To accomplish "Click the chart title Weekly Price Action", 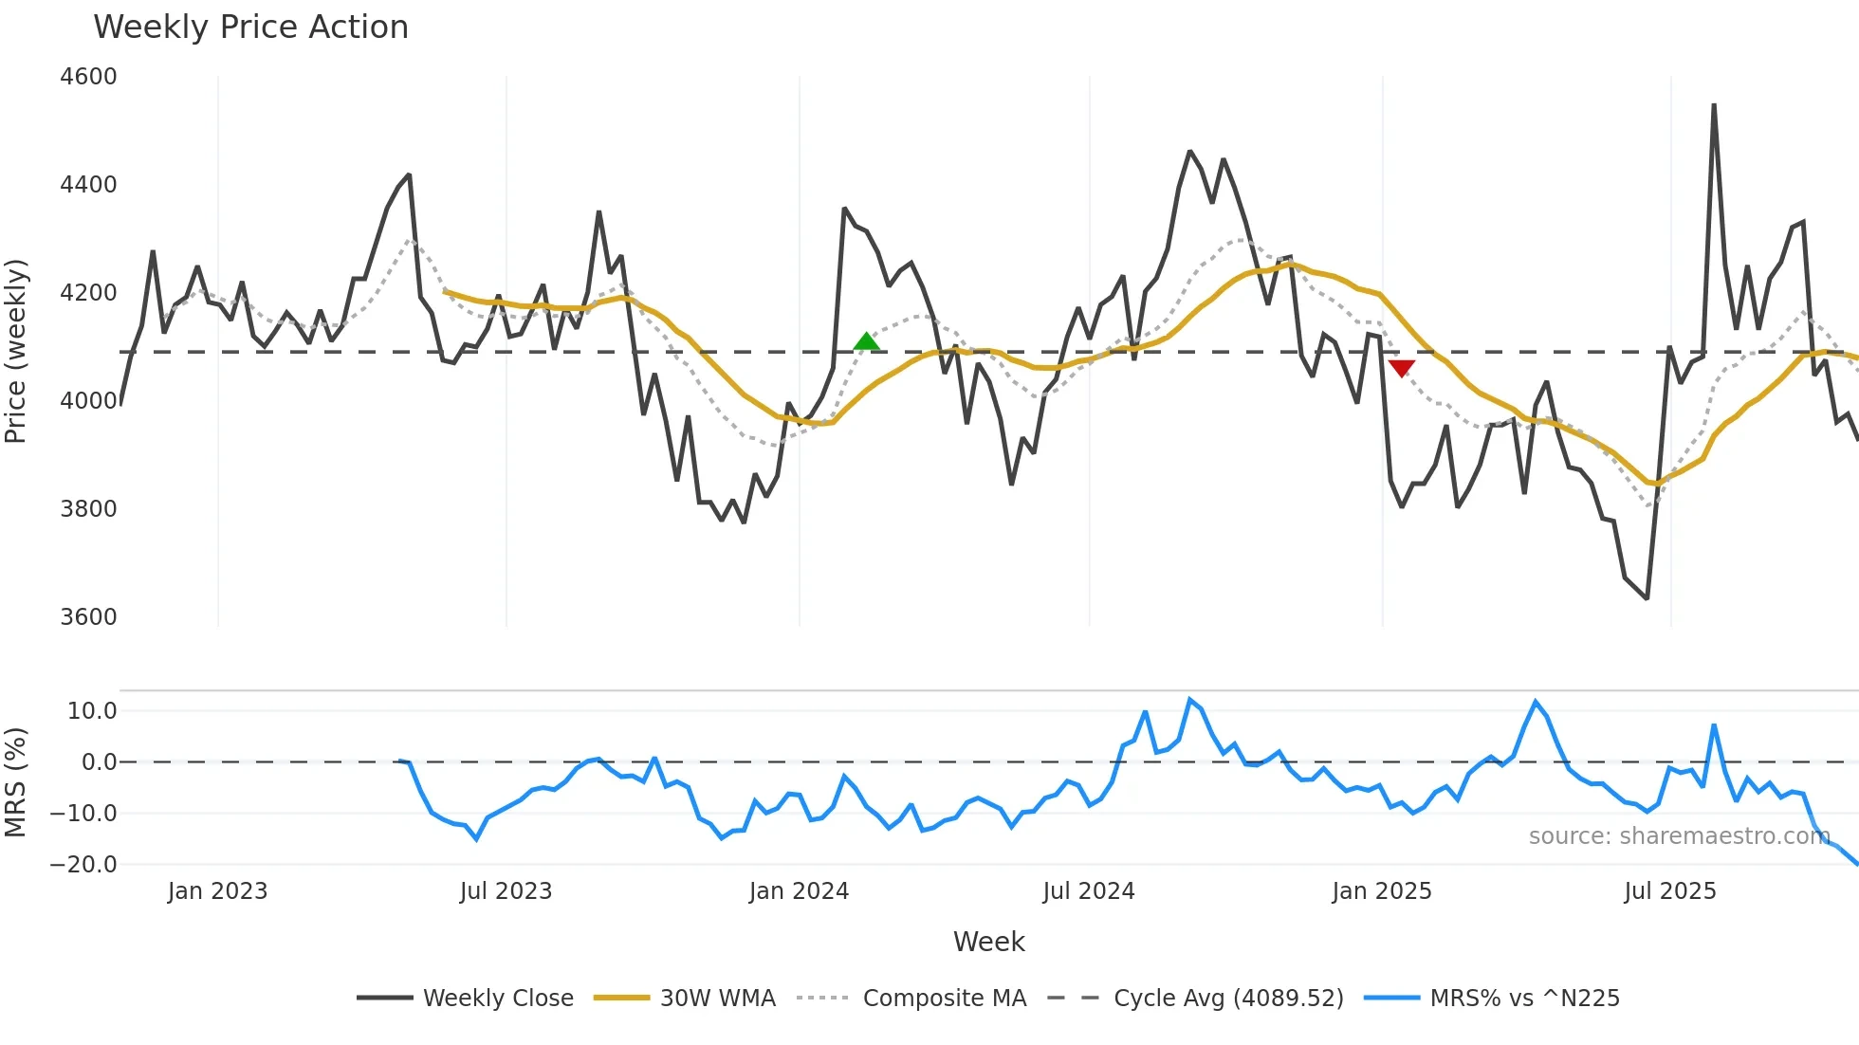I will (x=250, y=27).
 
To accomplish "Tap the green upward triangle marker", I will (x=866, y=342).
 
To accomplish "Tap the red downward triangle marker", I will (x=1401, y=368).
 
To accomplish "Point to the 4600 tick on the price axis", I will (x=88, y=77).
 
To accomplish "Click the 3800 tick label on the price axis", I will (x=88, y=509).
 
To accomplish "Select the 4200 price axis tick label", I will (x=88, y=293).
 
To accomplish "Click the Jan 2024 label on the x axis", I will (x=799, y=891).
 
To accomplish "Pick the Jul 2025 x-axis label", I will (x=1669, y=891).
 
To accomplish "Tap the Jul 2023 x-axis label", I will (x=506, y=891).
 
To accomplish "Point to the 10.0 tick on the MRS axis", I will (x=92, y=711).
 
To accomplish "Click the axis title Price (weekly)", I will (x=16, y=351).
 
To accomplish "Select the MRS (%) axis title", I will (x=16, y=782).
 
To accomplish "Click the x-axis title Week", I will (x=988, y=942).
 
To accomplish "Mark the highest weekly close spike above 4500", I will (x=1714, y=105).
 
